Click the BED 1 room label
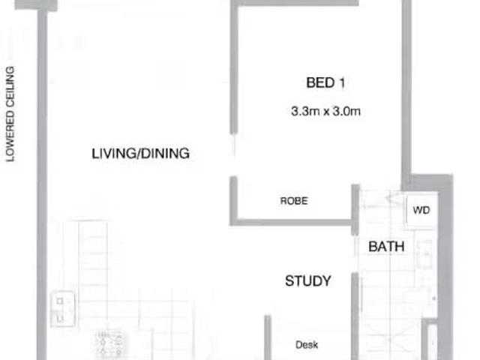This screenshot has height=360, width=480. (325, 82)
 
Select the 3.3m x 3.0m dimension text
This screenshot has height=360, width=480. (326, 112)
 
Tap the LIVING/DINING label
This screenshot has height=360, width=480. (140, 154)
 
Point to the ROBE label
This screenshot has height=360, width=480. (294, 201)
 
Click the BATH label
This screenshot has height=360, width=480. (386, 246)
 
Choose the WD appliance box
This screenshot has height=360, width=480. (421, 211)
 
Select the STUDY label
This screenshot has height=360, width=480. (307, 281)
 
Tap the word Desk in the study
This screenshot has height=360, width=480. (307, 345)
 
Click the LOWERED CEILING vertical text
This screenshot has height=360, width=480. (10, 114)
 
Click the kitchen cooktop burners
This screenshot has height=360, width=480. (110, 343)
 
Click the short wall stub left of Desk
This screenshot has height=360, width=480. (267, 337)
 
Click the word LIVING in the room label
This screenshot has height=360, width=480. (112, 154)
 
